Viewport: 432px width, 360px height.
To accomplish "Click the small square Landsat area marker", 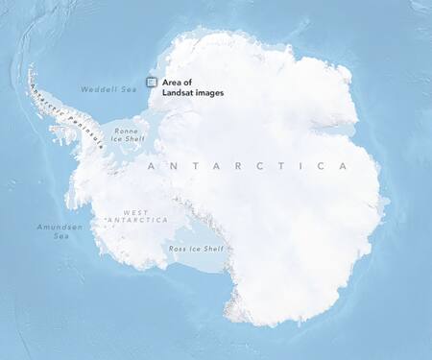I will point(151,83).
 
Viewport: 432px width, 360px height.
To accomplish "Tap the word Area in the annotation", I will point(173,83).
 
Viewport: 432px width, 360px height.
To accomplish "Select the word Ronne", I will point(126,131).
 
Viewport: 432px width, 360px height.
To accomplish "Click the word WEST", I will point(134,212).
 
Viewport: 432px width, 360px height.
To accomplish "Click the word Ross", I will point(177,249).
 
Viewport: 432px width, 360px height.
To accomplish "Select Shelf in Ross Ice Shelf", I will point(211,249).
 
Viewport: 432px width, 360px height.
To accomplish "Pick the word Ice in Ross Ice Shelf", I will point(193,249).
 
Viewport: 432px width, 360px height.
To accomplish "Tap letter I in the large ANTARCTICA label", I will point(295,166).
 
